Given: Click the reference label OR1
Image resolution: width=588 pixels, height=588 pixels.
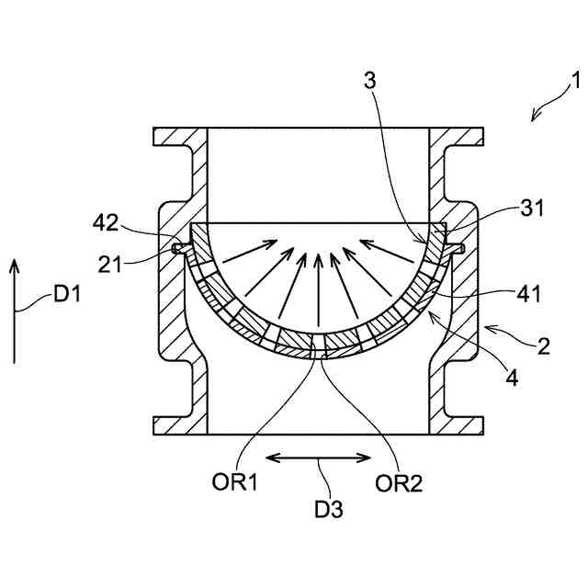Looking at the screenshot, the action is [235, 481].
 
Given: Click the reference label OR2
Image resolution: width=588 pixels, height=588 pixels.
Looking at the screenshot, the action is [399, 483].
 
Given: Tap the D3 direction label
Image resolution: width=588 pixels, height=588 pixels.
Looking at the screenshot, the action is [329, 509].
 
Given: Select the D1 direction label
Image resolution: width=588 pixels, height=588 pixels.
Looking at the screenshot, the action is [67, 293].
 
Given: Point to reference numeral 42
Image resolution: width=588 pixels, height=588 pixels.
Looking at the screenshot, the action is [106, 223].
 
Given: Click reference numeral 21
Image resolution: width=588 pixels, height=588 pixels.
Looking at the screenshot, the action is [110, 265].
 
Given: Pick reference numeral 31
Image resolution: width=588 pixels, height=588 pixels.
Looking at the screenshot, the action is [532, 208].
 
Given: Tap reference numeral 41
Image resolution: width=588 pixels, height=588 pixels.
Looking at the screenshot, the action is [529, 294].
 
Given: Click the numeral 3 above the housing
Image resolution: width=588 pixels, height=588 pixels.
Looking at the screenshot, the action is [369, 81].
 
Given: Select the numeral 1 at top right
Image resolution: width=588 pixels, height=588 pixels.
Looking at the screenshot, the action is [576, 80].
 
